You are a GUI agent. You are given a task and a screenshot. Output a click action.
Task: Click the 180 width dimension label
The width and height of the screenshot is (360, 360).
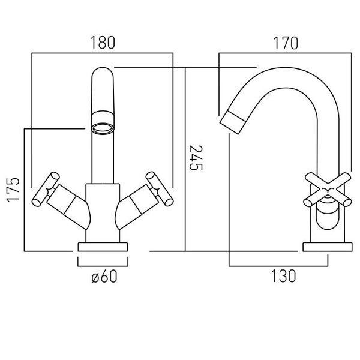[103, 43]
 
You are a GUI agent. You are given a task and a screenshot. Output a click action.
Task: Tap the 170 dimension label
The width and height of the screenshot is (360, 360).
[286, 43]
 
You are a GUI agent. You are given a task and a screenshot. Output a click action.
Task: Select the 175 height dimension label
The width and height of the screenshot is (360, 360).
[13, 190]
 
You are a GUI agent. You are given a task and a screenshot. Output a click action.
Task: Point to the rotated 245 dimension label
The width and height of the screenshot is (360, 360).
[196, 158]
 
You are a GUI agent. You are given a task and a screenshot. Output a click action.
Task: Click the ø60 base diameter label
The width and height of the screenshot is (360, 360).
[104, 276]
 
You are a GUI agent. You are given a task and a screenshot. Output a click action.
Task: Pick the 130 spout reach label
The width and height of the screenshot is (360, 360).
[284, 276]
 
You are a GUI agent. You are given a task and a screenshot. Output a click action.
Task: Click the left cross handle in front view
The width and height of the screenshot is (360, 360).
[46, 189]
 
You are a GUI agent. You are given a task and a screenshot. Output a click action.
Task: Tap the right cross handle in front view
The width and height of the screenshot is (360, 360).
[160, 189]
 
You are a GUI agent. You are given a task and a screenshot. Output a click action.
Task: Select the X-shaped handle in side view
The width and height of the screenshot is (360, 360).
[328, 190]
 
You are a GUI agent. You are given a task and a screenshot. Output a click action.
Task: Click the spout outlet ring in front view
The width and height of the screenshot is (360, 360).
[103, 128]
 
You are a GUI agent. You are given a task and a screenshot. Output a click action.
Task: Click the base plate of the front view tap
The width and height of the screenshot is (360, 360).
[103, 247]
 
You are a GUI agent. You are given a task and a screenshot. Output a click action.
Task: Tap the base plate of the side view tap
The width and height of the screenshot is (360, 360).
[328, 247]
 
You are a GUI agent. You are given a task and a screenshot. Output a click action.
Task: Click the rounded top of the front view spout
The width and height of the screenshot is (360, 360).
[103, 73]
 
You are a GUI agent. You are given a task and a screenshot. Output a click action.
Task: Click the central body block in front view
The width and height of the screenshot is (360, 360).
[103, 213]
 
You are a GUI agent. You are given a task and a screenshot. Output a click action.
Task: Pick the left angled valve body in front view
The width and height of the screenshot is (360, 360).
[69, 206]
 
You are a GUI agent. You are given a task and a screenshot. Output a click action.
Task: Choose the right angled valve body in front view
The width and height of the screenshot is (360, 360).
[137, 206]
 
